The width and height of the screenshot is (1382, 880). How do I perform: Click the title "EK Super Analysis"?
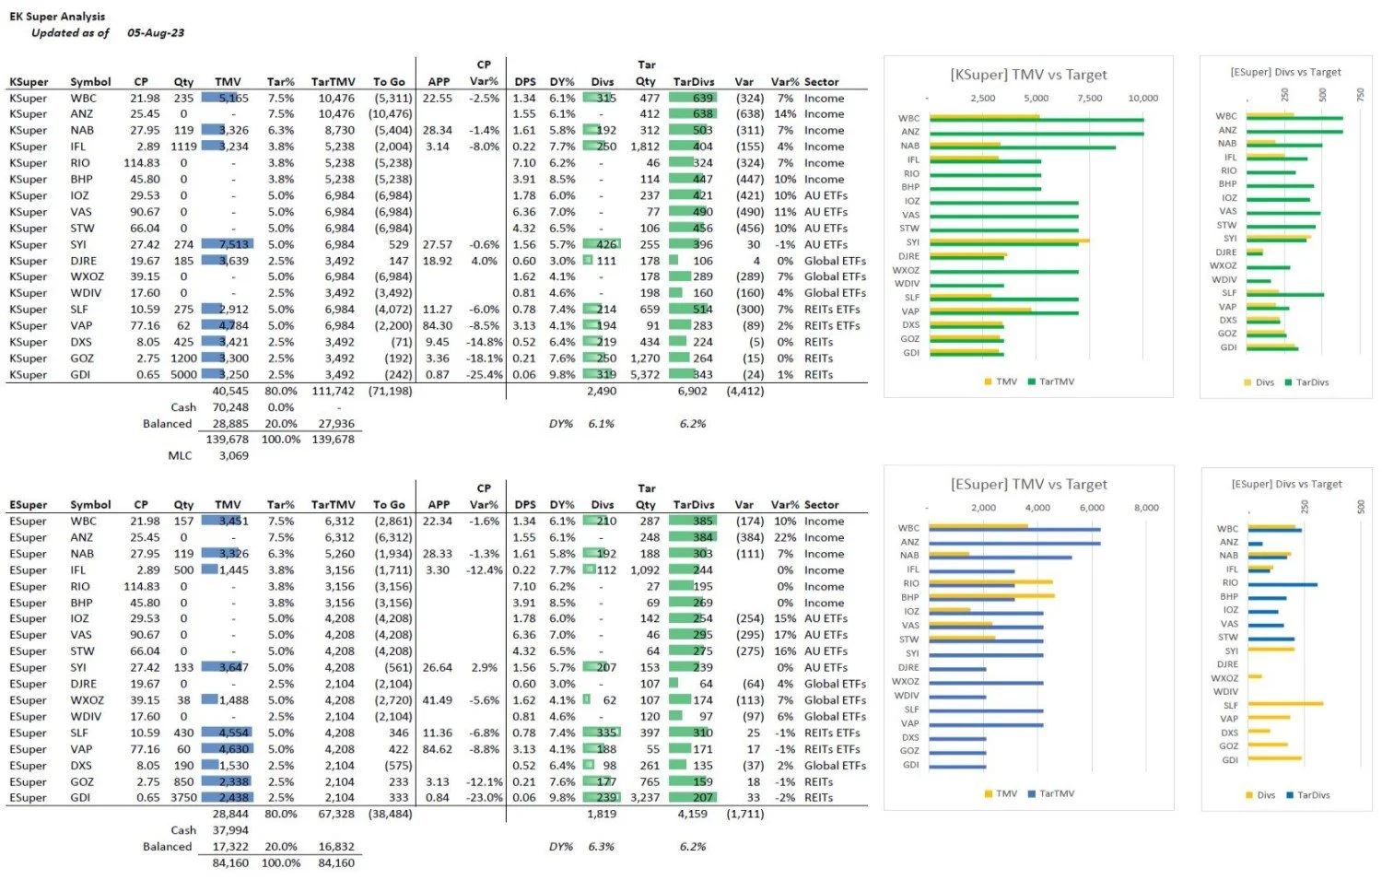click(57, 17)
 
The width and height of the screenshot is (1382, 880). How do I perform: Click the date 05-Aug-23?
click(156, 33)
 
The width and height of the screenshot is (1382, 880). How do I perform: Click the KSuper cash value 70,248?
click(230, 407)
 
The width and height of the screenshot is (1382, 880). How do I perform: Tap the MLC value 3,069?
click(233, 455)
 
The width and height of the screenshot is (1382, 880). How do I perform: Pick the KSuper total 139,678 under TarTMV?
click(333, 440)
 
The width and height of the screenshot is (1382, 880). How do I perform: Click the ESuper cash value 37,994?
click(230, 830)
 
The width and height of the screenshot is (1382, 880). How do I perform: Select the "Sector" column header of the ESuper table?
click(821, 505)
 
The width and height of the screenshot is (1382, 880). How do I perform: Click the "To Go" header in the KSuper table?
click(389, 82)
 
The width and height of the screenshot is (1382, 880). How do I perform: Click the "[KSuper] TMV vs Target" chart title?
click(1028, 75)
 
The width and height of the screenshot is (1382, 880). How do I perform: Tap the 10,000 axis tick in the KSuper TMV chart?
click(1142, 98)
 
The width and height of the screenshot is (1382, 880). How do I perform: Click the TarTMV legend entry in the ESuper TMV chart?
click(1051, 793)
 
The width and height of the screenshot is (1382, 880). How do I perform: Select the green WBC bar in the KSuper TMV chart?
click(1036, 120)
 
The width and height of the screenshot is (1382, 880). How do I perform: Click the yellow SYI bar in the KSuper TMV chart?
click(1010, 241)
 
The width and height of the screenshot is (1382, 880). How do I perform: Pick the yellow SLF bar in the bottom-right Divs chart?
click(1285, 704)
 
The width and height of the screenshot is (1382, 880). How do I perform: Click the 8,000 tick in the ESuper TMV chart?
click(1145, 508)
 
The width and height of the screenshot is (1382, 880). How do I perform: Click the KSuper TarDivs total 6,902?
click(692, 391)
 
